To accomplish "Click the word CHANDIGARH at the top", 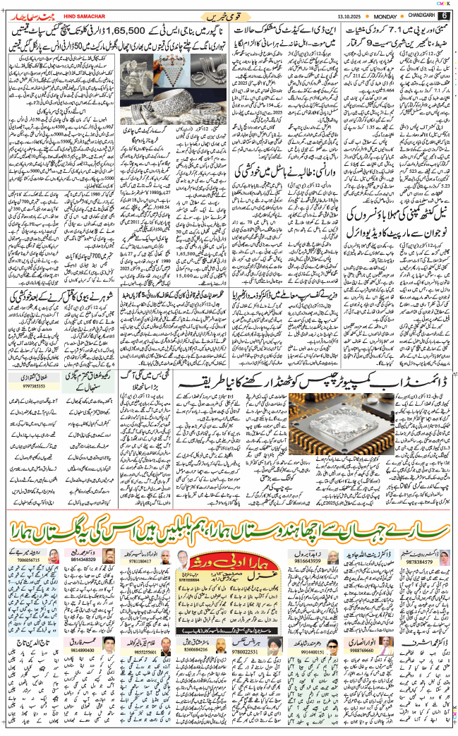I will pos(422,16).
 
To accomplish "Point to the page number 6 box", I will pos(445,16).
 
